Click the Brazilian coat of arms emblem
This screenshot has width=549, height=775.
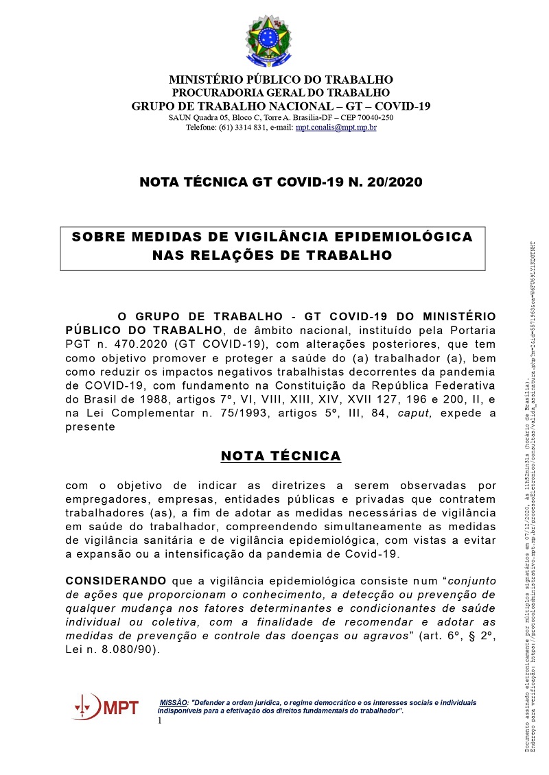(x=268, y=41)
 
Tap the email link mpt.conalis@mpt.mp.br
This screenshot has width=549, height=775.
(x=336, y=128)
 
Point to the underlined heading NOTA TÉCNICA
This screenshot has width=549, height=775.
(x=281, y=457)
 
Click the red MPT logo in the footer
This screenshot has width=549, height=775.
(x=106, y=707)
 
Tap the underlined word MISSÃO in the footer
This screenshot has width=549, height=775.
(x=174, y=703)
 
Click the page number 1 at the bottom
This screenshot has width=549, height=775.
(x=160, y=721)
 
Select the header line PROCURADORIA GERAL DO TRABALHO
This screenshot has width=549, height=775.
(x=281, y=93)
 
